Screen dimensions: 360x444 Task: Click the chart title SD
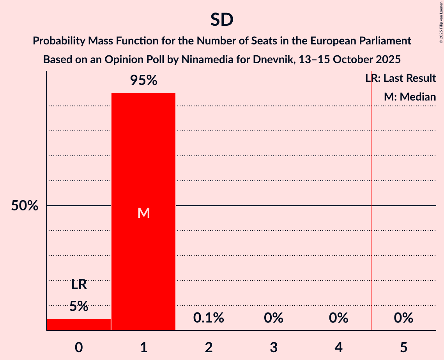tap(222, 19)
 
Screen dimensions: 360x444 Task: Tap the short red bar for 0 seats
tap(79, 325)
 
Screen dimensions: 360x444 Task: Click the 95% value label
tap(143, 81)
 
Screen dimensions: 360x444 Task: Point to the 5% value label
tap(79, 306)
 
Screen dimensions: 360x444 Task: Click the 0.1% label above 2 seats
tap(209, 318)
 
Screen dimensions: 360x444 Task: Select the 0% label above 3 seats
tap(273, 318)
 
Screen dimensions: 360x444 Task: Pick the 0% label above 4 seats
tap(338, 318)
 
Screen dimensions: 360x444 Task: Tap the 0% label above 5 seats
tap(403, 318)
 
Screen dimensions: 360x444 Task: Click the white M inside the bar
tap(143, 213)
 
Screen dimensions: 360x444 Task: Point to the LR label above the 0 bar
tap(79, 285)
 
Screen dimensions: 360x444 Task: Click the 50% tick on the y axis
tap(25, 206)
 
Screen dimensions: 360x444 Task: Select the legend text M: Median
tap(410, 97)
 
